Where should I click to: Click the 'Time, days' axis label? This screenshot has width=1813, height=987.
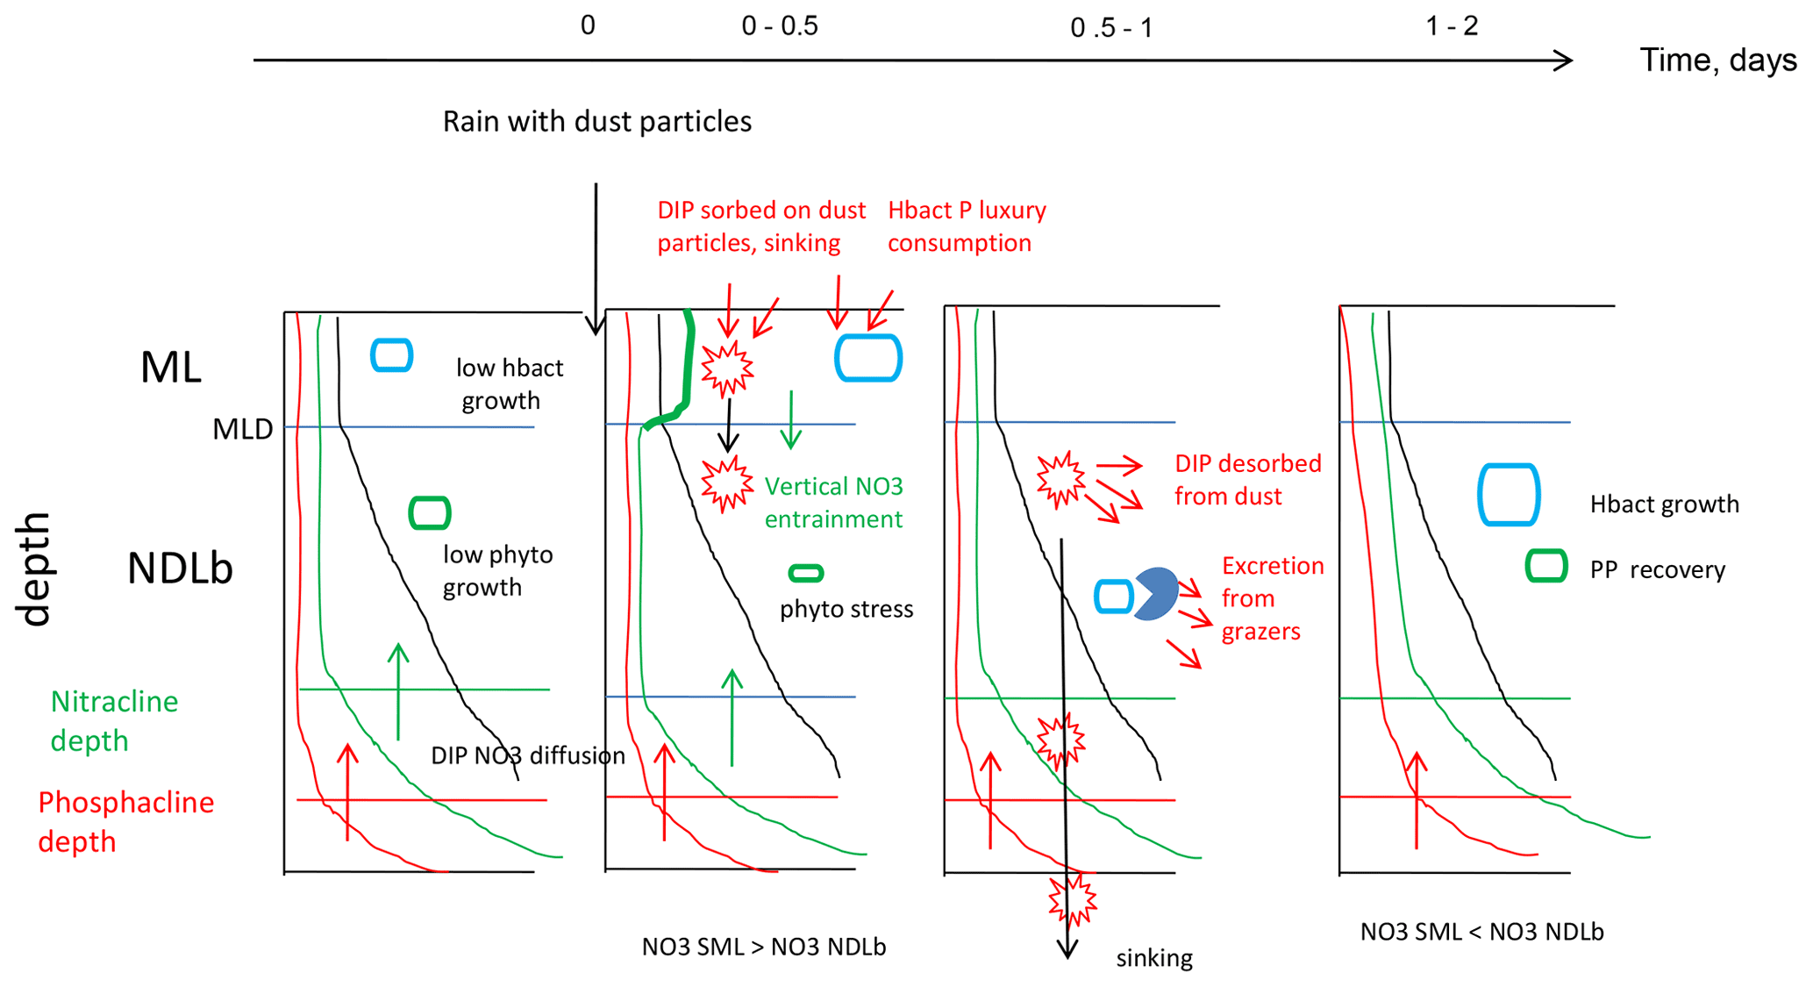coord(1717,60)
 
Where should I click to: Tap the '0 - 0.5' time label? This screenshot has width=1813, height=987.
coord(779,26)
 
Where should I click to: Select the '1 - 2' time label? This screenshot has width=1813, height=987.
coord(1452,26)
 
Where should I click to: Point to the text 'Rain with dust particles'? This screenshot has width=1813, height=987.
coord(596,121)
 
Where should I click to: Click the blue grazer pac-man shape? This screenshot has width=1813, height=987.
coord(1156,594)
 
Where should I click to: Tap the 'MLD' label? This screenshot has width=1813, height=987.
coord(242,429)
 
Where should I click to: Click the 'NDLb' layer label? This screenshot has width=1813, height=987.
coord(180,569)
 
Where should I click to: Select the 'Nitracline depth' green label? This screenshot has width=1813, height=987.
coord(114,720)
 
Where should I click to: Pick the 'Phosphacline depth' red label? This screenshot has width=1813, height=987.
coord(125,821)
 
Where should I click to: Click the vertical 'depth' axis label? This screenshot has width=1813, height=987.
coord(35,569)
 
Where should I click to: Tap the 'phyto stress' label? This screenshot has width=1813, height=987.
coord(846,609)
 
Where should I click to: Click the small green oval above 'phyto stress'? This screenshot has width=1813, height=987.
coord(805,574)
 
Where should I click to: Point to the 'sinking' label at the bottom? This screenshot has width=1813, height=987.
coord(1153,958)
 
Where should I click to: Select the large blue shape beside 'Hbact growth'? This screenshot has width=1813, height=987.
coord(1509,495)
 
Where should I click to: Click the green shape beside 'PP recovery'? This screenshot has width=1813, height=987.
coord(1545,566)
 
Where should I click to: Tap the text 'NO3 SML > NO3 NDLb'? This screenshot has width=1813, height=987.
coord(763,948)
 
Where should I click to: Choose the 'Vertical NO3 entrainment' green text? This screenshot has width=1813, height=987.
coord(832,503)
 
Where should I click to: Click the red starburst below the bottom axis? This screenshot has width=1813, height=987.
coord(1073,899)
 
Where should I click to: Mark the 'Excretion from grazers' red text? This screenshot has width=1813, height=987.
coord(1271,598)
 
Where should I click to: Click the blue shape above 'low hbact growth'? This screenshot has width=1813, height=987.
coord(391,355)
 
